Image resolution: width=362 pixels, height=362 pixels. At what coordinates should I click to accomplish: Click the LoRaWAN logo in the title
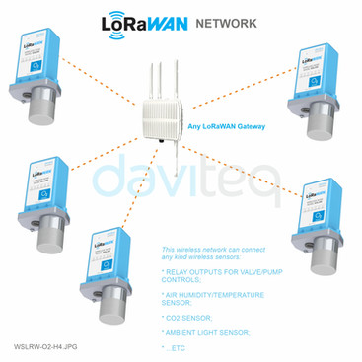[x=147, y=22]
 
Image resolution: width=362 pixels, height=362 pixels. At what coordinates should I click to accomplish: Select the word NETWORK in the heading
[x=227, y=22]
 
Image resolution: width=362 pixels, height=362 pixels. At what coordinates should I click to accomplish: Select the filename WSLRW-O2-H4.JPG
[x=44, y=347]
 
